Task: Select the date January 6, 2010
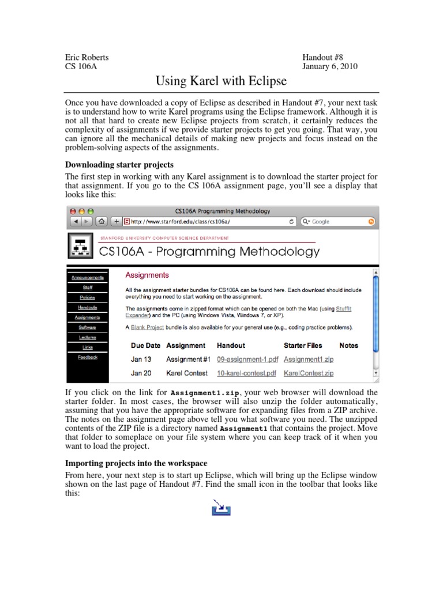tap(330, 66)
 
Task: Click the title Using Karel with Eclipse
tap(221, 81)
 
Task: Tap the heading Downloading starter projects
tap(119, 165)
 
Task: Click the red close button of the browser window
tap(73, 211)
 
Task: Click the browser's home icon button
tap(102, 221)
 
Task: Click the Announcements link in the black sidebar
tap(88, 277)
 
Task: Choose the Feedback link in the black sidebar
tap(88, 357)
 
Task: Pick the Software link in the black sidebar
tap(88, 327)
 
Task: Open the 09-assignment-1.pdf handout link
tap(247, 360)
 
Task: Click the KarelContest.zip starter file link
tap(309, 373)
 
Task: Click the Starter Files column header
tap(303, 346)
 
